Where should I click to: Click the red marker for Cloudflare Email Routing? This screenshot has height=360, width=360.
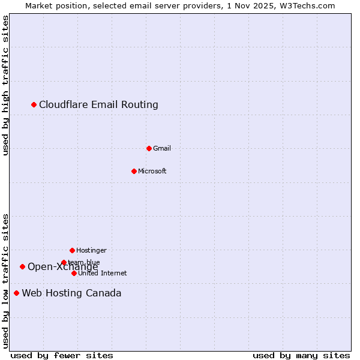(x=34, y=105)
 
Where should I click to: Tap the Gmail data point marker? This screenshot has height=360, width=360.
(x=149, y=148)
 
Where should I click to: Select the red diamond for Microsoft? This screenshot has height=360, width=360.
(x=134, y=171)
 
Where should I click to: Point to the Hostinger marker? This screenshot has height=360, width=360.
(x=72, y=250)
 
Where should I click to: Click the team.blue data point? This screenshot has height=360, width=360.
(x=64, y=262)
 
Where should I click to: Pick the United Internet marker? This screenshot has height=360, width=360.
(x=74, y=273)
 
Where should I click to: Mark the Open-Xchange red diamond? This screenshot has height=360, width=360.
(x=22, y=266)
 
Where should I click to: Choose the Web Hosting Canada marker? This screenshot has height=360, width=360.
(x=16, y=293)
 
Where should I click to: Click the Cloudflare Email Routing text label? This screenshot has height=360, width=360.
(x=98, y=105)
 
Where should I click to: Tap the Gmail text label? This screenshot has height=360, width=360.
(x=162, y=148)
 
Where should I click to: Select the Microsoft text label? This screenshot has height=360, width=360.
(x=152, y=171)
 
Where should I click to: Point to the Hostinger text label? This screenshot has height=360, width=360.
(x=91, y=250)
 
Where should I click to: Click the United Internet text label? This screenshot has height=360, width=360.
(x=103, y=273)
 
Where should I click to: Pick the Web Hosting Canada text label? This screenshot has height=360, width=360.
(x=71, y=293)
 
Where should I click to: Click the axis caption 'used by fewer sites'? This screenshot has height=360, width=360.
(x=62, y=355)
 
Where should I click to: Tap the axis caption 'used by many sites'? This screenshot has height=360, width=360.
(x=301, y=355)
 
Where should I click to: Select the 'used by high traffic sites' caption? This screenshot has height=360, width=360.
(x=6, y=85)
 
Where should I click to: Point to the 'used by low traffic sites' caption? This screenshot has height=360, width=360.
(x=6, y=281)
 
